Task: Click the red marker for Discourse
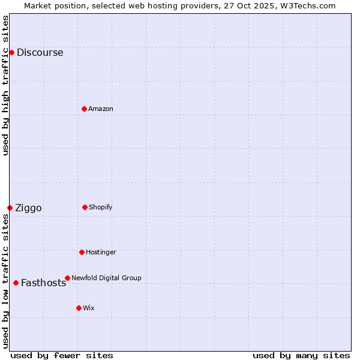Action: click(x=11, y=52)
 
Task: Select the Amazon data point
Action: click(x=84, y=109)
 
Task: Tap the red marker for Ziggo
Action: click(x=10, y=208)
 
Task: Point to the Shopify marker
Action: click(x=85, y=207)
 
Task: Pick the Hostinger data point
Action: click(x=82, y=252)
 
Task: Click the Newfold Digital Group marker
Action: click(x=67, y=278)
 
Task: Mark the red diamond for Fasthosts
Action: click(x=16, y=283)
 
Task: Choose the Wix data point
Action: click(x=79, y=308)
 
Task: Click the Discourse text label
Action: click(x=40, y=53)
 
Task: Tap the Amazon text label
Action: click(x=100, y=109)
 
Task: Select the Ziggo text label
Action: click(x=28, y=208)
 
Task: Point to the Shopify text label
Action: click(x=100, y=208)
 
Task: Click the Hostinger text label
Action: click(x=101, y=253)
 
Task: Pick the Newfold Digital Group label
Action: click(x=106, y=278)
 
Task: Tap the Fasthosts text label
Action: click(x=43, y=283)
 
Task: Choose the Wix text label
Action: click(x=88, y=308)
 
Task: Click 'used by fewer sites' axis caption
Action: click(x=62, y=355)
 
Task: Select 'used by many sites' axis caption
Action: click(x=301, y=355)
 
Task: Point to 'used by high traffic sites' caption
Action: click(x=6, y=85)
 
